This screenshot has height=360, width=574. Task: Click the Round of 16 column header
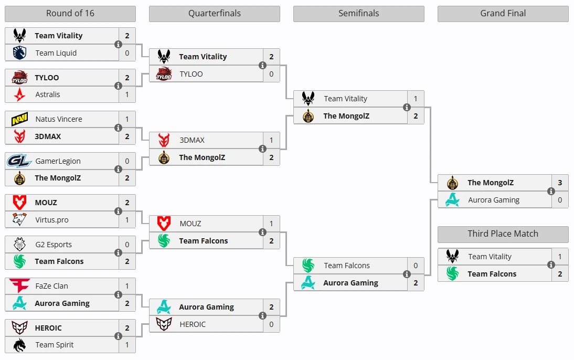(x=70, y=14)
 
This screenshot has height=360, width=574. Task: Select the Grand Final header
(x=503, y=14)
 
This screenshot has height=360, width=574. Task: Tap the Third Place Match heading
(x=503, y=234)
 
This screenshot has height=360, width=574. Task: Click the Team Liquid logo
(x=19, y=52)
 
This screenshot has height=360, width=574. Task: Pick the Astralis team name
(x=48, y=94)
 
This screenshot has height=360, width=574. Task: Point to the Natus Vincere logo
(x=19, y=119)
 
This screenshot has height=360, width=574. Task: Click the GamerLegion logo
(x=19, y=161)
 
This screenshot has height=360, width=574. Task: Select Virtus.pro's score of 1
(x=127, y=220)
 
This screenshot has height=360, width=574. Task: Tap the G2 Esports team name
(x=54, y=245)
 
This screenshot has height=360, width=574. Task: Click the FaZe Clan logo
(x=19, y=285)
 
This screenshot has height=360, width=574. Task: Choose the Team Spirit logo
(x=19, y=345)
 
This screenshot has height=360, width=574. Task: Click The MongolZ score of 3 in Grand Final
(x=560, y=183)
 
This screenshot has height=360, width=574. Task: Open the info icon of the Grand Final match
(x=551, y=191)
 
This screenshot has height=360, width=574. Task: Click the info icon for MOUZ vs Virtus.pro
(x=118, y=211)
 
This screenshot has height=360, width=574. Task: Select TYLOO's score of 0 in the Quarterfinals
(x=271, y=74)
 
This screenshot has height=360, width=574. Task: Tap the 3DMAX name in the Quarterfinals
(x=192, y=140)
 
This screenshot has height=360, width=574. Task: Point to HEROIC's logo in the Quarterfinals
(x=164, y=324)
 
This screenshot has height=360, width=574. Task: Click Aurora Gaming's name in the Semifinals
(x=350, y=283)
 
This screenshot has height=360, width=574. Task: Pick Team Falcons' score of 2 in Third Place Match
(x=560, y=274)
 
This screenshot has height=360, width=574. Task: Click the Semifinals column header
(x=359, y=14)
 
